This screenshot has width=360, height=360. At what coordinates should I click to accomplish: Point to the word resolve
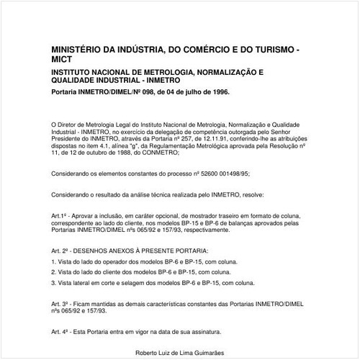click(252, 195)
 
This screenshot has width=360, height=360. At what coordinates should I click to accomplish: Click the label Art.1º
click(60, 215)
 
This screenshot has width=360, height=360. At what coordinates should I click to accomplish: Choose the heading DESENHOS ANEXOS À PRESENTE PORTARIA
click(140, 249)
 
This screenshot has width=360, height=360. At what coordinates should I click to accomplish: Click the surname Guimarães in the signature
click(205, 354)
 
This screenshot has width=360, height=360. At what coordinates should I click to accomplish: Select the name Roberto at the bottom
click(148, 354)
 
